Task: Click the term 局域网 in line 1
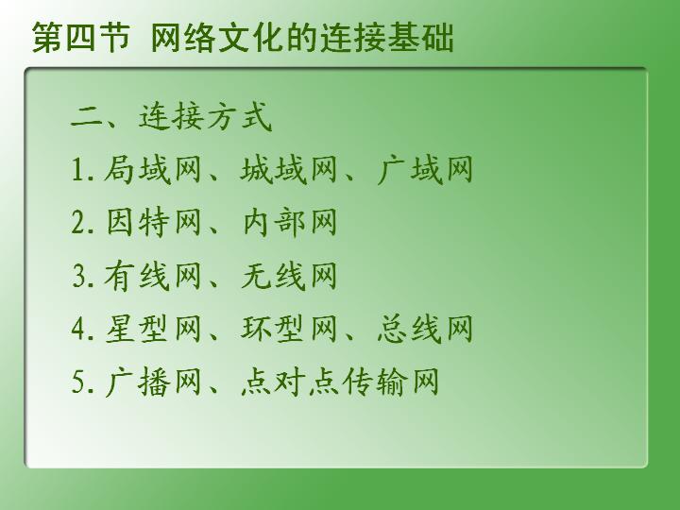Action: tap(153, 169)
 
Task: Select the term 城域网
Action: tap(289, 169)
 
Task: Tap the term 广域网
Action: tap(425, 169)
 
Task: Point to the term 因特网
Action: tap(154, 223)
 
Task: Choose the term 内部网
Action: tap(289, 223)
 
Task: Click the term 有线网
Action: tap(153, 276)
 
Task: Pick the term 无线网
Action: tap(289, 276)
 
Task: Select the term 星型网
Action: tap(153, 330)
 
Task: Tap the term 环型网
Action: tap(289, 330)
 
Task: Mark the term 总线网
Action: tap(425, 330)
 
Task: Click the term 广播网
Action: tap(153, 382)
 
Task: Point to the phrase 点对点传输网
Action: tap(340, 382)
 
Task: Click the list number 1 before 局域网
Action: tap(77, 170)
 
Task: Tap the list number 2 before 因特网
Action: tap(79, 223)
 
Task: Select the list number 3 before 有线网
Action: tap(79, 277)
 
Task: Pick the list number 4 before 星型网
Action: tap(79, 330)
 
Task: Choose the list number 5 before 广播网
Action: tap(79, 382)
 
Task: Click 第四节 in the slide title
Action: tap(81, 38)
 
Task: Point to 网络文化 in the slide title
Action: tap(218, 38)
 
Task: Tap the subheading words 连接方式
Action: tap(205, 116)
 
